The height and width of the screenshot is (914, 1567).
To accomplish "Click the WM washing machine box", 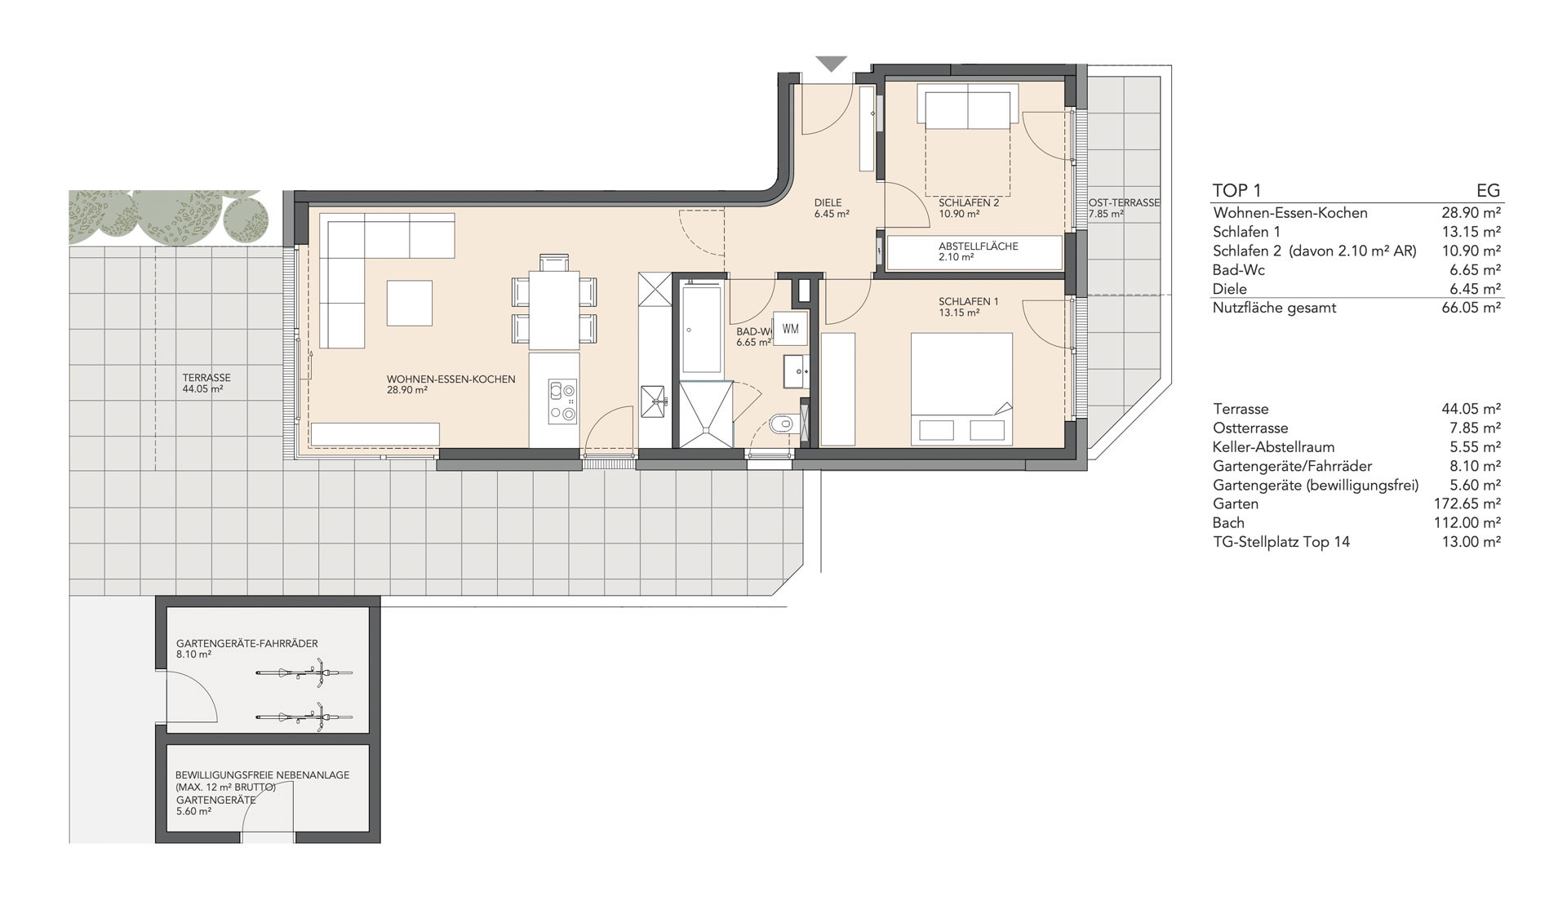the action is [790, 328].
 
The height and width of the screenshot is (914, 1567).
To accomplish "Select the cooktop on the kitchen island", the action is [562, 401].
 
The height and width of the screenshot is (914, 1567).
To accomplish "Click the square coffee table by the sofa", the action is [409, 303].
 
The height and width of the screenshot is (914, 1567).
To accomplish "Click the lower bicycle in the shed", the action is [304, 717].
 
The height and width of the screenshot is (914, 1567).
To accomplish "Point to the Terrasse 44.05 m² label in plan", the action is [206, 384].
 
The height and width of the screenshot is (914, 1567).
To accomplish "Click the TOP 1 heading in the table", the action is [1236, 190].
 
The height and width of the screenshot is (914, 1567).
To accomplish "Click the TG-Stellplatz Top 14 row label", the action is [1281, 542].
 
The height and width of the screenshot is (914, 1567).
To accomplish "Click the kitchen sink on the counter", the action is [654, 400].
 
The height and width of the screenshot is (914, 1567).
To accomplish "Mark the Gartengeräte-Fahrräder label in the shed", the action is [246, 643].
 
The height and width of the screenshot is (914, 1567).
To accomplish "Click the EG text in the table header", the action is [1488, 190].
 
